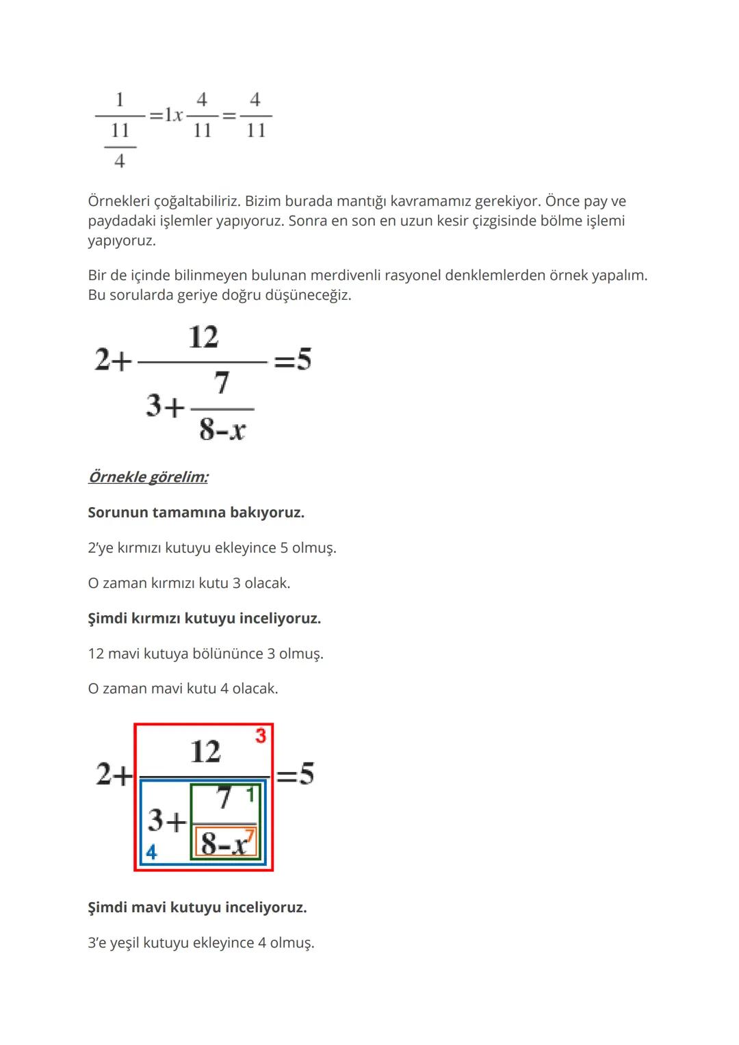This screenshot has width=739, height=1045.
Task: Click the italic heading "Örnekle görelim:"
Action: click(x=148, y=477)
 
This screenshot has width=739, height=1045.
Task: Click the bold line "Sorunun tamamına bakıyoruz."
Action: click(x=196, y=513)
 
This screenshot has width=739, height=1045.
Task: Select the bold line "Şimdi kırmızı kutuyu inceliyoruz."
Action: click(x=204, y=619)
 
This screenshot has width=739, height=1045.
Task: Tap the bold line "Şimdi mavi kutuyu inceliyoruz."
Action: click(x=197, y=907)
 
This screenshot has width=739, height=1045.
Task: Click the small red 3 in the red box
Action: click(x=261, y=736)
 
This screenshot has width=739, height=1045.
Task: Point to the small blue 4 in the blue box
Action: click(x=151, y=853)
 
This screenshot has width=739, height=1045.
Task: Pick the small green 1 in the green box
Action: click(x=250, y=795)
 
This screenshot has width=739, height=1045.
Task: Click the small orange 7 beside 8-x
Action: click(x=249, y=836)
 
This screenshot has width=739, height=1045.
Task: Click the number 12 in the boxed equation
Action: click(x=205, y=751)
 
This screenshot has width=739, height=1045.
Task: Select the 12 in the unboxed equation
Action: click(x=203, y=337)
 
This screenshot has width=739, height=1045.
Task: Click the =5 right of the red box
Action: click(x=296, y=774)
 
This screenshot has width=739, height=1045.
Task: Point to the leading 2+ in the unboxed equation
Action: click(x=113, y=360)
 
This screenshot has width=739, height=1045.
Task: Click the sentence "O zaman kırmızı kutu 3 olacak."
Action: click(x=189, y=583)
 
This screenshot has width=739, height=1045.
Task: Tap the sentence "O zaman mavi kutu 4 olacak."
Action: click(x=183, y=688)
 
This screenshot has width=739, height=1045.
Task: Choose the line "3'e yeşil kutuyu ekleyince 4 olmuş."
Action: click(x=201, y=943)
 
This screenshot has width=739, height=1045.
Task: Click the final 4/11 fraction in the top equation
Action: click(x=255, y=115)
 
